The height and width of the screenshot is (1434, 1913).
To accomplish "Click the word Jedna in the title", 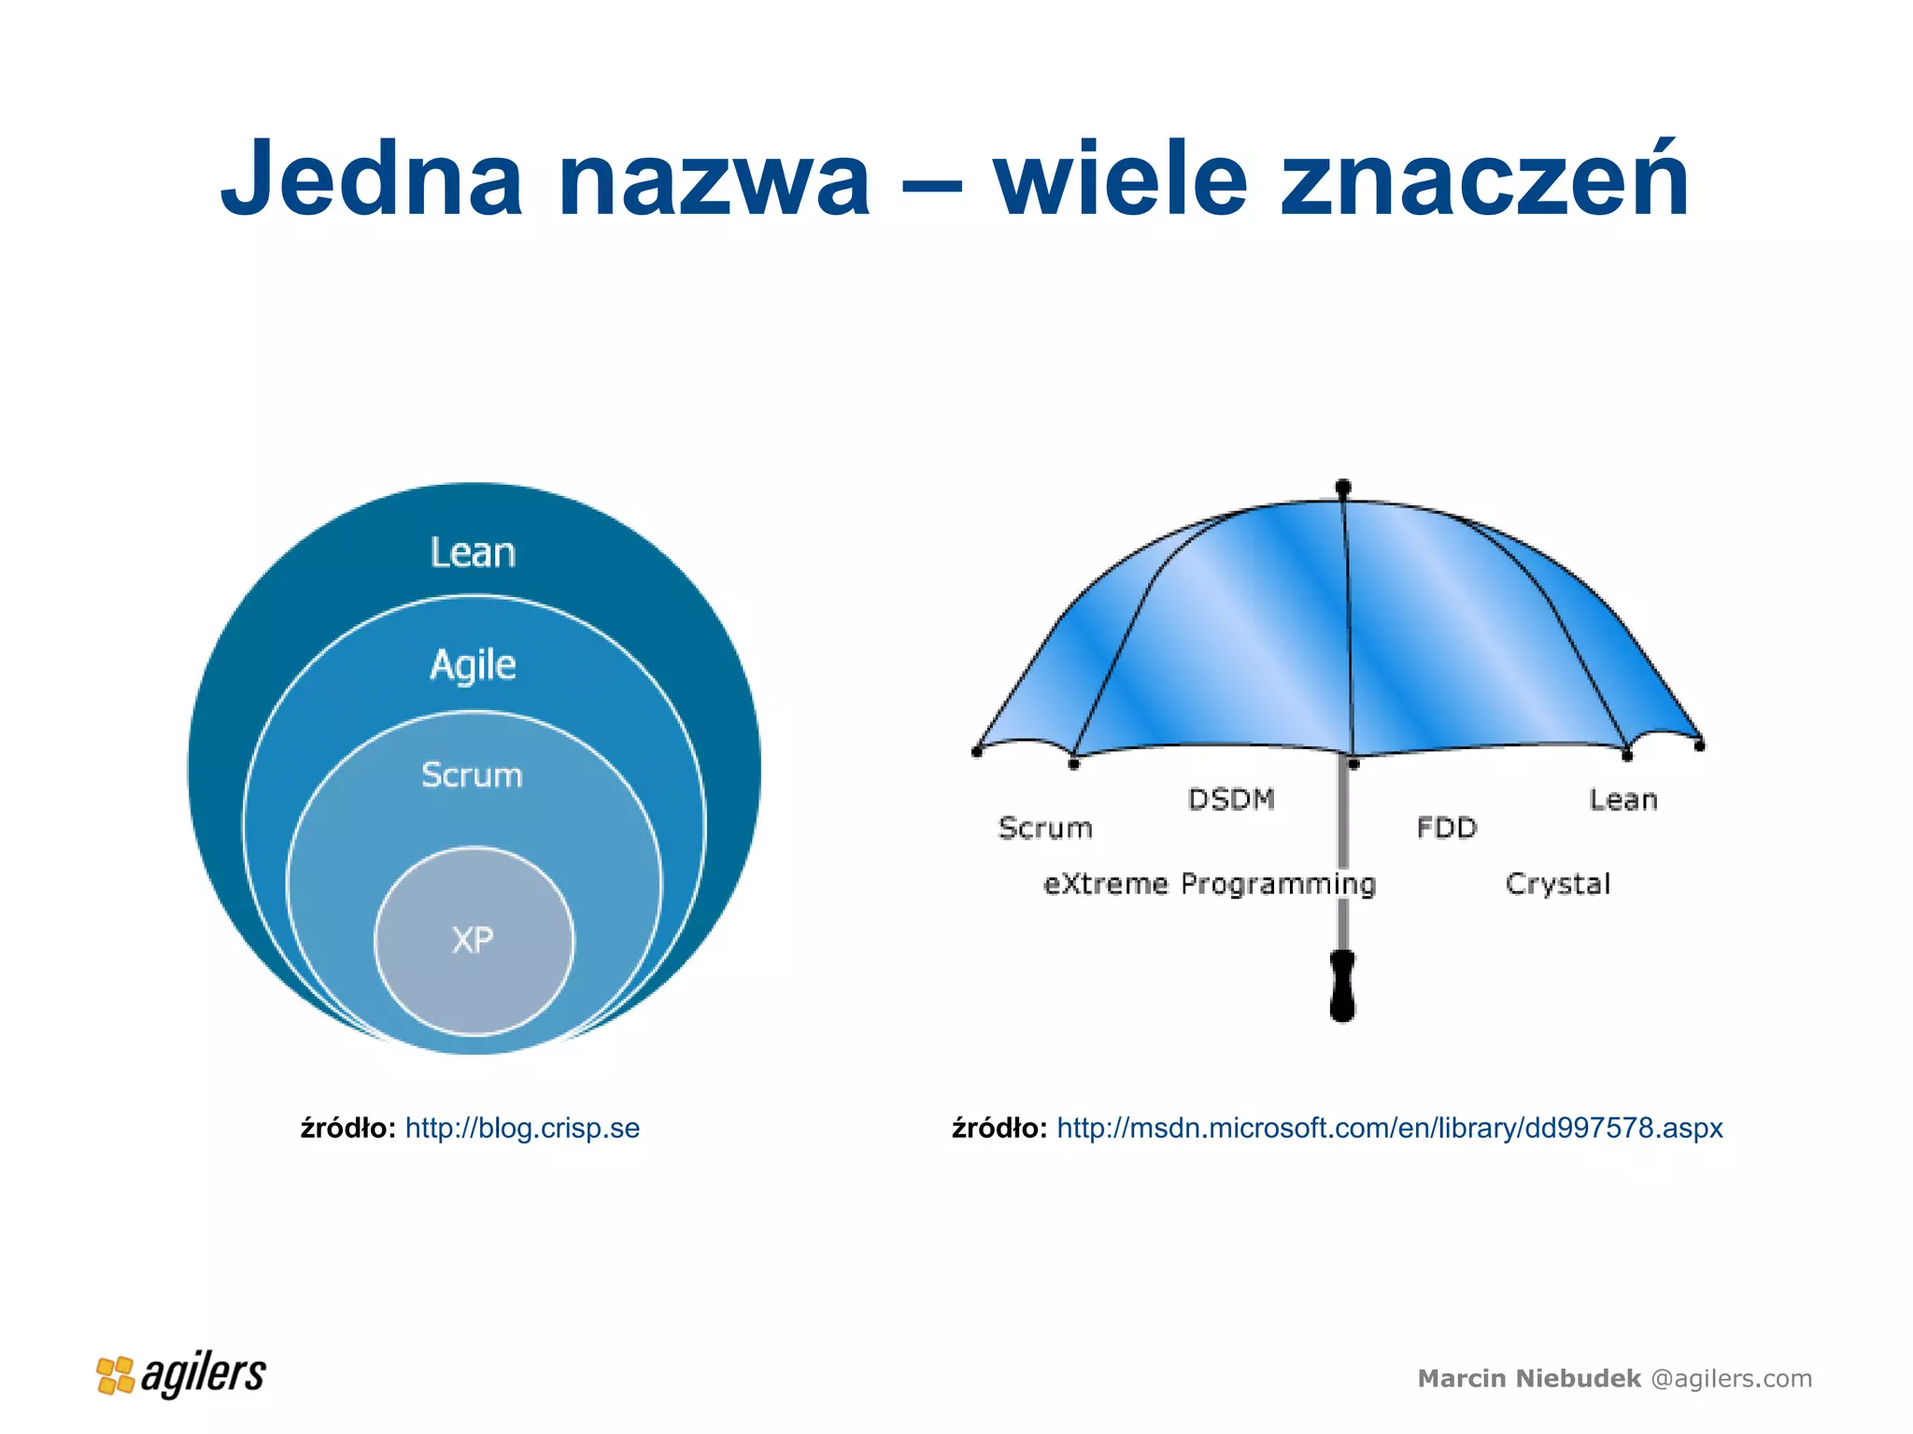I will (x=371, y=177).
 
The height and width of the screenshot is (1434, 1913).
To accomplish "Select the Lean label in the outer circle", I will (x=473, y=552).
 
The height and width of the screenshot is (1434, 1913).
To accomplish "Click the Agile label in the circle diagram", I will (x=473, y=665).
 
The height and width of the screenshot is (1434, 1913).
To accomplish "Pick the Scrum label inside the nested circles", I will (x=472, y=775).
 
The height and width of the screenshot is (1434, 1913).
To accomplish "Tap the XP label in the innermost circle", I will (x=473, y=940).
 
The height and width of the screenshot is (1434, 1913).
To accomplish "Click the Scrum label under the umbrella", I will (x=1045, y=828).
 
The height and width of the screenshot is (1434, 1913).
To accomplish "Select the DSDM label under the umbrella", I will (x=1231, y=800).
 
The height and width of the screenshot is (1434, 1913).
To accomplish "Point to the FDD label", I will (x=1446, y=828).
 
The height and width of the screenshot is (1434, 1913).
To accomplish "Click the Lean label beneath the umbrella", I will (x=1623, y=800).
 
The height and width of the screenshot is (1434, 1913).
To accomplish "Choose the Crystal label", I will (x=1558, y=884).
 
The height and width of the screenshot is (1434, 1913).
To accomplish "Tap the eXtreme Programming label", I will (x=1209, y=884).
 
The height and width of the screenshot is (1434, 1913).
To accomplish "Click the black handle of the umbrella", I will (x=1342, y=987).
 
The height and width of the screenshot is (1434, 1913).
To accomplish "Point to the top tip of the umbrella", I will (x=1343, y=488).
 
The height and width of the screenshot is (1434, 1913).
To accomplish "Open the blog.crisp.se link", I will (x=522, y=1128).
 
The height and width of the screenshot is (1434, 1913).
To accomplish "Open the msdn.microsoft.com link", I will (x=1389, y=1128).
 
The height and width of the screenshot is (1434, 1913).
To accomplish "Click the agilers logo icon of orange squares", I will (x=116, y=1375).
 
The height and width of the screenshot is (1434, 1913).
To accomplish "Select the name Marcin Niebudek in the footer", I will (x=1528, y=1379).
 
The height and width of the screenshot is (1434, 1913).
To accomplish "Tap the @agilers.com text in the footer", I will (x=1731, y=1379).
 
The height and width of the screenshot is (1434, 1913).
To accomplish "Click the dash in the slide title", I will (x=932, y=182).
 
